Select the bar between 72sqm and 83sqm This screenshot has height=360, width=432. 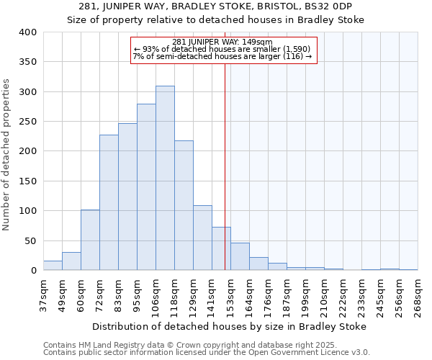click(x=109, y=202)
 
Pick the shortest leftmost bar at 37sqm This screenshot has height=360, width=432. click(x=53, y=266)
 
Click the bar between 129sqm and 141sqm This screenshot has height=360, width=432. click(x=202, y=238)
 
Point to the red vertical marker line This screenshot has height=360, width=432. click(x=225, y=166)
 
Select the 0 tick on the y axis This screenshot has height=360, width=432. click(x=33, y=271)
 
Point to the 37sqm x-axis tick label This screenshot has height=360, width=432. click(x=44, y=297)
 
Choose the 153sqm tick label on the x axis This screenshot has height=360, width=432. click(x=231, y=297)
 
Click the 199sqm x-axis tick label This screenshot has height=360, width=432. click(x=306, y=297)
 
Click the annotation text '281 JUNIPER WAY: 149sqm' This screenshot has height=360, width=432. click(x=222, y=42)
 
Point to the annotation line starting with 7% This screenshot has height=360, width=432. click(x=222, y=56)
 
